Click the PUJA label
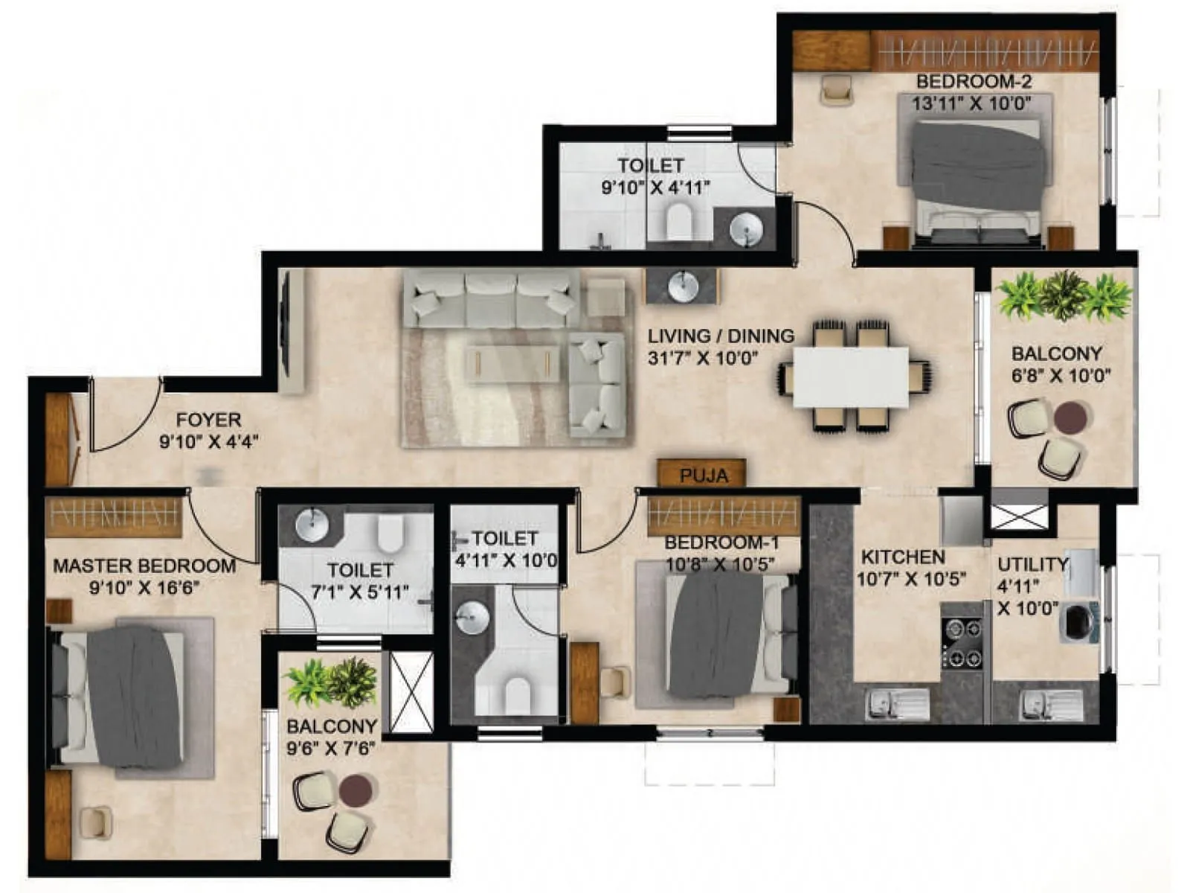703,475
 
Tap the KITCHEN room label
902,557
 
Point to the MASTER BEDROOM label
144,566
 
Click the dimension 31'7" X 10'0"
703,358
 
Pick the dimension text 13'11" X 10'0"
971,103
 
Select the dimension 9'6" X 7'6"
331,748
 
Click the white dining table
850,377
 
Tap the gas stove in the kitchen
962,642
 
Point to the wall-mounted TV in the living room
283,330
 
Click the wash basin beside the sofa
681,285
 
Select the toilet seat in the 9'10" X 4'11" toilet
679,221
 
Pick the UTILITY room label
1032,563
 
